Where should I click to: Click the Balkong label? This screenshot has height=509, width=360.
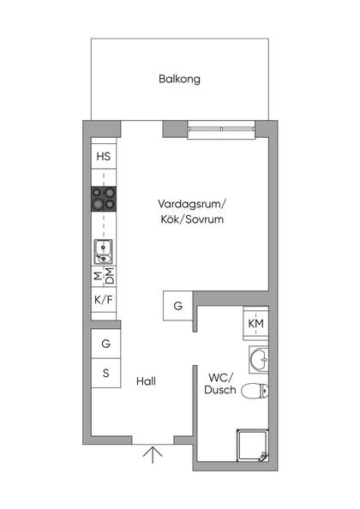(179, 79)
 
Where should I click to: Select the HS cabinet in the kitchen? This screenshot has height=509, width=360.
(104, 157)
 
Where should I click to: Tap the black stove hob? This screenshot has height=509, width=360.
(104, 201)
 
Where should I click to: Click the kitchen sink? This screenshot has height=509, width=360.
(104, 251)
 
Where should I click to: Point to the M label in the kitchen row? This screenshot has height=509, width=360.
(97, 276)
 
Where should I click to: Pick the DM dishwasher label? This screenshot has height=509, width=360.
(110, 276)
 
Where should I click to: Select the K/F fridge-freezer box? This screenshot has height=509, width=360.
(104, 300)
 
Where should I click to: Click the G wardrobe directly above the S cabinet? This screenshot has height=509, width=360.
(105, 344)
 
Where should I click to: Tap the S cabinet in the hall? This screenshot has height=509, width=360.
(105, 373)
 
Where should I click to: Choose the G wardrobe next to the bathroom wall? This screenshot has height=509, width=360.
(177, 306)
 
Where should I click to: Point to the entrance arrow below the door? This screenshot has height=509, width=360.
(153, 454)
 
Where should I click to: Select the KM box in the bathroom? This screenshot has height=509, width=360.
(255, 323)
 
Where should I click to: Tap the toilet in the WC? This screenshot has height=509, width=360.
(255, 392)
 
